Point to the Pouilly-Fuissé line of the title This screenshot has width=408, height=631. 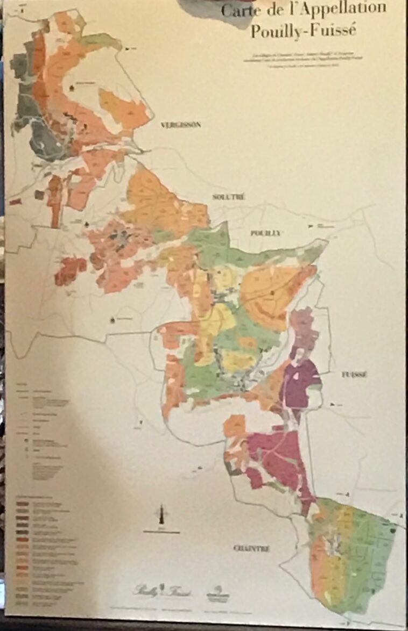pyautogui.click(x=303, y=31)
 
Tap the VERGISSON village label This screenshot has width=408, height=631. pyautogui.click(x=180, y=125)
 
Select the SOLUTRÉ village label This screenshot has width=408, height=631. pyautogui.click(x=229, y=197)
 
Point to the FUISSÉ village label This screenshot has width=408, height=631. pyautogui.click(x=354, y=375)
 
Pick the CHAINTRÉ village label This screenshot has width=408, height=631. pyautogui.click(x=251, y=548)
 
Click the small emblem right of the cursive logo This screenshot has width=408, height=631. pyautogui.click(x=219, y=591)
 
